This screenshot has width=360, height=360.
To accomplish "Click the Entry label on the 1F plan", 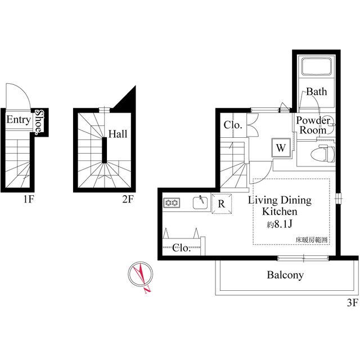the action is point(19,120).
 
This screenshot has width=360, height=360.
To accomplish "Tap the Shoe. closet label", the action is point(39,121).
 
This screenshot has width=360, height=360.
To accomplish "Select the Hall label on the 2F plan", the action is point(118,134).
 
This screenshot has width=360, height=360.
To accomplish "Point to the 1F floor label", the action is point(29,199).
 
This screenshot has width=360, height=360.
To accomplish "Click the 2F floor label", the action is point(128,199).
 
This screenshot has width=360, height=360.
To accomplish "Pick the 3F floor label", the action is point(353,303).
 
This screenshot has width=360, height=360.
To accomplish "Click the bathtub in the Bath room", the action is point(316,66).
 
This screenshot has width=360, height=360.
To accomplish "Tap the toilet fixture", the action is point(322,154).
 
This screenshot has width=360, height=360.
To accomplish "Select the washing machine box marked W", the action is point(281,147).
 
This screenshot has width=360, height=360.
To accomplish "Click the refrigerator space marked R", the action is point(222,204).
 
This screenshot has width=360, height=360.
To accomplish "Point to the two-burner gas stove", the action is point(172,202).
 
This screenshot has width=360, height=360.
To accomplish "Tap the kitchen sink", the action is point(200,202).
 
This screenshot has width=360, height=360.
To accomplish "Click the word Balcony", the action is point(285,275).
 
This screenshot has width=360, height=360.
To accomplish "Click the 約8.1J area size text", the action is point(280,224).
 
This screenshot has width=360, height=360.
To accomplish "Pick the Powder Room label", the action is point(313,125).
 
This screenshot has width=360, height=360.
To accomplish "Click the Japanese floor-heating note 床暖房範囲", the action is point(311,240).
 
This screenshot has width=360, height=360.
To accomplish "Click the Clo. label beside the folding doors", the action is point(233,125).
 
